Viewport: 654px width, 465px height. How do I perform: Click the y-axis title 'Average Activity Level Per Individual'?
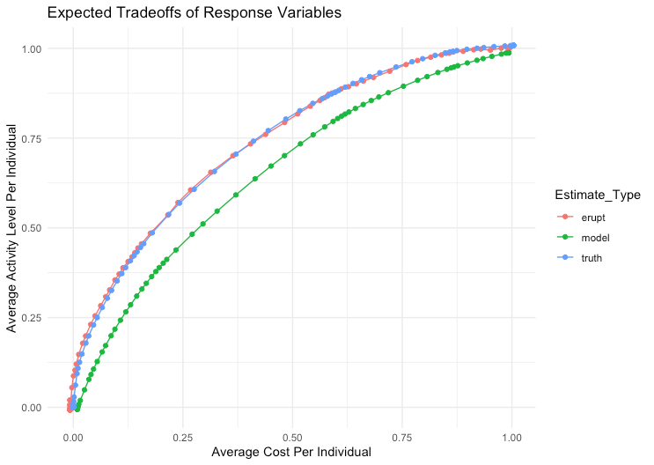[x=12, y=227]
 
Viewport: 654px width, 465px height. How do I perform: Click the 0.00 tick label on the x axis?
[x=73, y=436]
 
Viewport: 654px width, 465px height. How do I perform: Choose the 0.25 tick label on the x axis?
[x=183, y=436]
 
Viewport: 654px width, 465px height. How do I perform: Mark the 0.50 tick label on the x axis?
[x=293, y=436]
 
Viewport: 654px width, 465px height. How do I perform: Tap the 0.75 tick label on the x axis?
[x=403, y=436]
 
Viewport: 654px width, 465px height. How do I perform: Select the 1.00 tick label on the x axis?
[x=513, y=436]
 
